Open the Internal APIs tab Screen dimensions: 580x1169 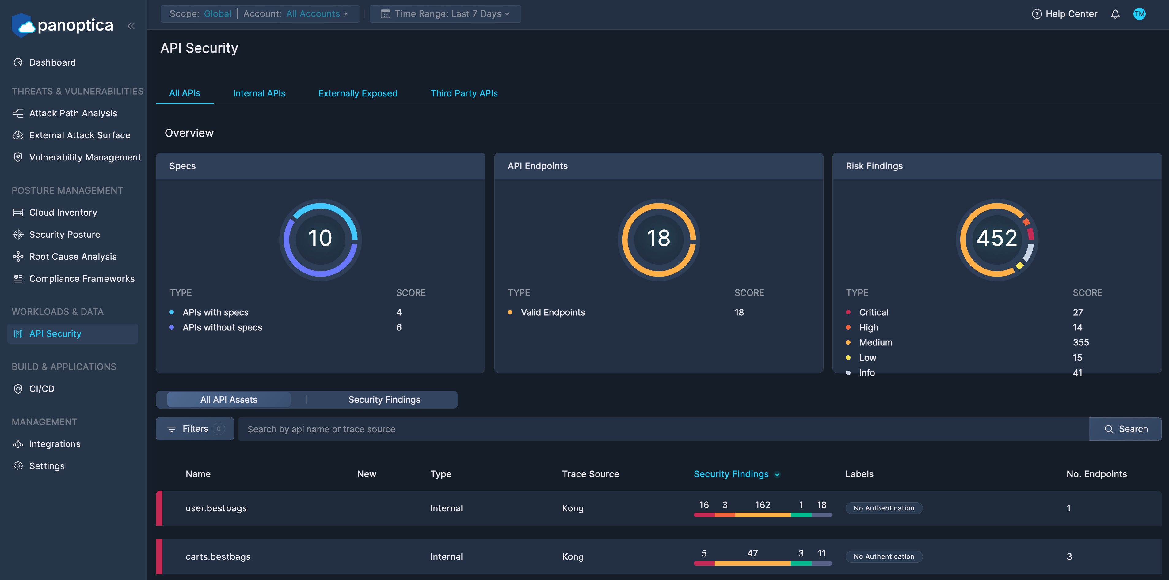(x=259, y=93)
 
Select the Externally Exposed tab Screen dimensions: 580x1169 (x=358, y=93)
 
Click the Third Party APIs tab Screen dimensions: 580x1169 (x=464, y=93)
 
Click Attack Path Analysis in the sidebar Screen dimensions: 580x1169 (x=73, y=113)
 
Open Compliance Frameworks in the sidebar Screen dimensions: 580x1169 (x=82, y=278)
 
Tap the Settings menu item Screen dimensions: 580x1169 (x=47, y=466)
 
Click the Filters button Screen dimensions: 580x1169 (x=195, y=428)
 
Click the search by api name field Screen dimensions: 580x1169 (x=663, y=429)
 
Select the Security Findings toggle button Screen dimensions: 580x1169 (x=384, y=400)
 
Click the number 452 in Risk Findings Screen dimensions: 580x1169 (x=996, y=238)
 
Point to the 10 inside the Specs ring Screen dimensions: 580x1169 (x=320, y=238)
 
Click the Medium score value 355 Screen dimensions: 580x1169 (x=1080, y=342)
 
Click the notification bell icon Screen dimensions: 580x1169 (x=1115, y=14)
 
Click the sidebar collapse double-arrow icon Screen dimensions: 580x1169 (x=131, y=26)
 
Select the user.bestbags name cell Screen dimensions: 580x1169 (x=216, y=508)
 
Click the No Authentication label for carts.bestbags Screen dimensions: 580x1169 (x=884, y=556)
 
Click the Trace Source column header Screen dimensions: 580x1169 (x=590, y=474)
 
